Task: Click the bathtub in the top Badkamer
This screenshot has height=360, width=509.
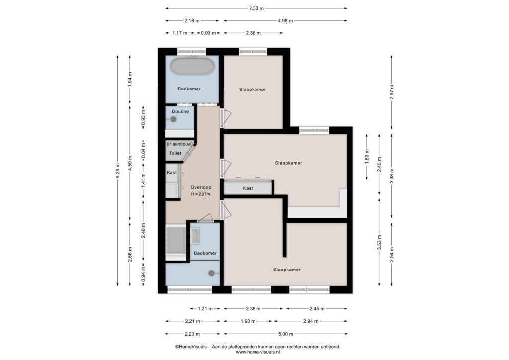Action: tap(192, 66)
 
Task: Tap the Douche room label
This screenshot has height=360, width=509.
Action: tap(180, 112)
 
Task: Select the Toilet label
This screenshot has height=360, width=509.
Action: tap(175, 153)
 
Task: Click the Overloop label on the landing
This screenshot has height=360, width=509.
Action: tap(201, 187)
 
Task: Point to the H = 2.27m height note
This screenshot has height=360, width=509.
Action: tap(201, 194)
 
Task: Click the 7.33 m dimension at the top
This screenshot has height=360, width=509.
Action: tap(256, 9)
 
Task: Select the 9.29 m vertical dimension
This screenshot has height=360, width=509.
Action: tap(118, 171)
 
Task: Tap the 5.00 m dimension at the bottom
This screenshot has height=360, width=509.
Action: tap(286, 334)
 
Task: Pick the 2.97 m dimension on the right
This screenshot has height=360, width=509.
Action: tap(392, 92)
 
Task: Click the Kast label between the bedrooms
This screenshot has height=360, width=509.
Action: tap(248, 188)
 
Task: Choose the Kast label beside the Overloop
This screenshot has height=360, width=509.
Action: tap(171, 173)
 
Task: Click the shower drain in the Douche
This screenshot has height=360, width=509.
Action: tap(173, 119)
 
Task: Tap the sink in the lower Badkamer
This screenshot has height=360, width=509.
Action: tap(195, 236)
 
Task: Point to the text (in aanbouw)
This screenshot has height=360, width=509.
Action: tap(179, 144)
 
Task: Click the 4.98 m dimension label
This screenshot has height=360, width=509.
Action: tap(286, 21)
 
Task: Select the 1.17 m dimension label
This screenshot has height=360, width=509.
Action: tap(180, 33)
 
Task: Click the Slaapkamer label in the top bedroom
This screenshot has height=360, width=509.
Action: tap(253, 90)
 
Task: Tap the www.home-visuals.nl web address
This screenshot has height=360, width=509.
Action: tap(258, 352)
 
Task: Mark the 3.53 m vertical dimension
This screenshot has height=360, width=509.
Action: tap(379, 243)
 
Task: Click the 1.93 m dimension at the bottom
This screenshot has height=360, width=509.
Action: tap(248, 321)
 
